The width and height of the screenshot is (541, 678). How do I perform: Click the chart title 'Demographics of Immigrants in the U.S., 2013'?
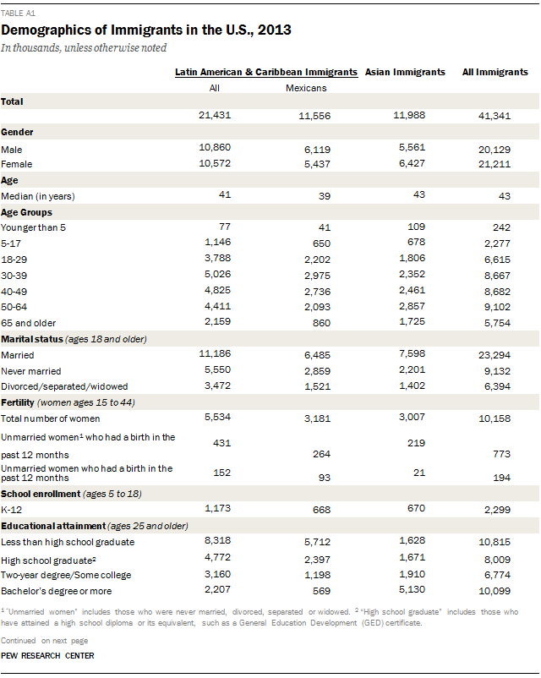pyautogui.click(x=146, y=30)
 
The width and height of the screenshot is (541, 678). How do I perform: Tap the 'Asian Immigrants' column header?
pyautogui.click(x=405, y=73)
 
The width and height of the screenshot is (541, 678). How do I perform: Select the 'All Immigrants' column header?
pyautogui.click(x=495, y=73)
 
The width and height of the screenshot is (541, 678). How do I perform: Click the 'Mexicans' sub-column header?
pyautogui.click(x=305, y=87)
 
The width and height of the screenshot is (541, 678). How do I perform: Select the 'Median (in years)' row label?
pyautogui.click(x=37, y=196)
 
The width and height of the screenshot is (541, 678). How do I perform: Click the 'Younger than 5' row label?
pyautogui.click(x=32, y=228)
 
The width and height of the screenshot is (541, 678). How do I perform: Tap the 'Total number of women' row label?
pyautogui.click(x=50, y=418)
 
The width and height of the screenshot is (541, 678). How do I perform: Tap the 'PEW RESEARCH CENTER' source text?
pyautogui.click(x=47, y=656)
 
